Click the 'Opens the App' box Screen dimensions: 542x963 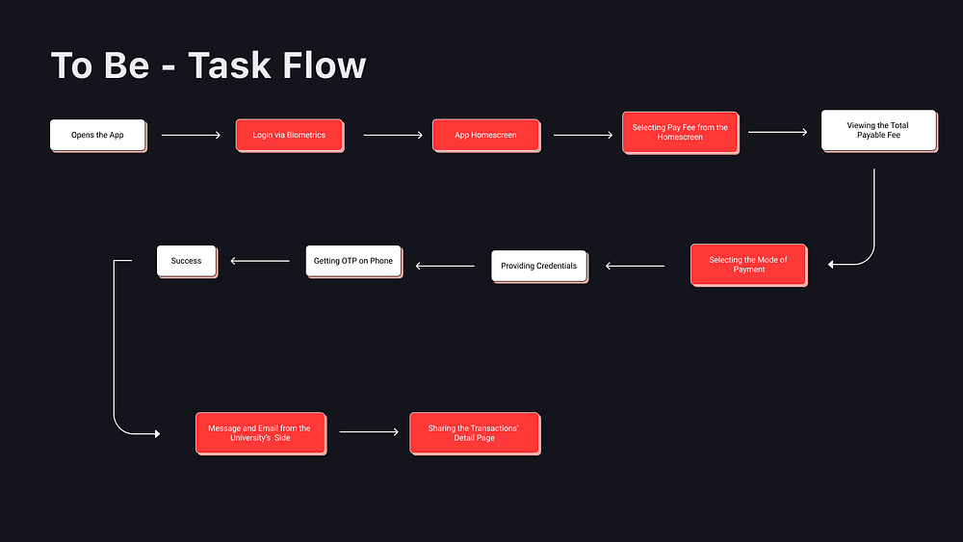97,135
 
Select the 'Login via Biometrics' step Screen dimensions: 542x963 289,135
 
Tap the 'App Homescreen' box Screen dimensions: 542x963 485,135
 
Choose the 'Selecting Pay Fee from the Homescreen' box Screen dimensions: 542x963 680,132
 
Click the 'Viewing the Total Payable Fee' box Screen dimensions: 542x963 878,130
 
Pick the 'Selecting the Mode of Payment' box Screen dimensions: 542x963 748,265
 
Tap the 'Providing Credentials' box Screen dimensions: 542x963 539,266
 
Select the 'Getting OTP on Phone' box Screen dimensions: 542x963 353,262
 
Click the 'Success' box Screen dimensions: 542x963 187,261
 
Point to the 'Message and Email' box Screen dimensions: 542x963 260,433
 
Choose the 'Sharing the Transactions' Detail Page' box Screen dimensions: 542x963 474,433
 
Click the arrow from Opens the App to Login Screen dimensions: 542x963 191,136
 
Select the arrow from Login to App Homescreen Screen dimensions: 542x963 393,136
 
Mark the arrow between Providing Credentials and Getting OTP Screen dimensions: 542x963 445,266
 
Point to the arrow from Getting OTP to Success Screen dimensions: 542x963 260,260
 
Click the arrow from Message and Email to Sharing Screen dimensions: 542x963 369,432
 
